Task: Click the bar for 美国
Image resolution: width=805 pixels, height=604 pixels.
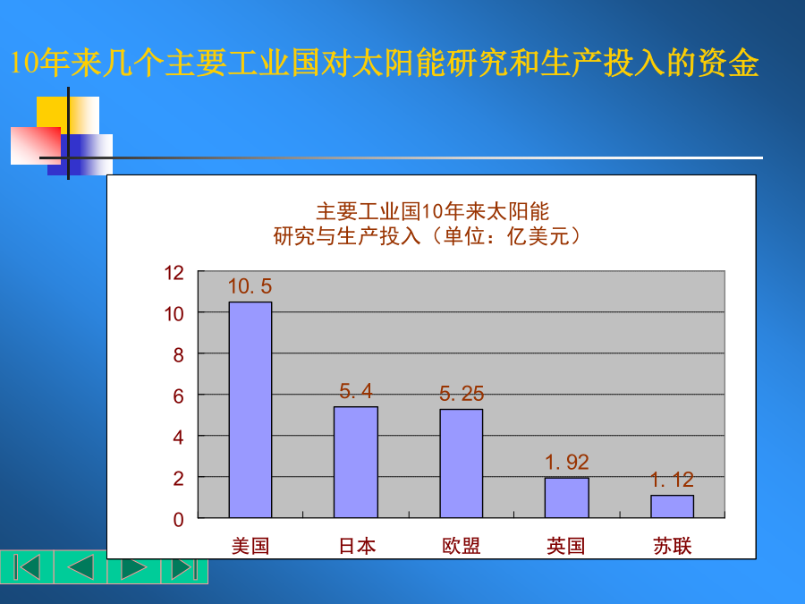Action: (250, 410)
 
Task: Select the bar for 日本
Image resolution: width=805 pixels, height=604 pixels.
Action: (356, 463)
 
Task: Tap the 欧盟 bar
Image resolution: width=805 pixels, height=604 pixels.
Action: (461, 464)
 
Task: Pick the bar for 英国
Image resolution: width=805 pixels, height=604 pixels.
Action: (567, 498)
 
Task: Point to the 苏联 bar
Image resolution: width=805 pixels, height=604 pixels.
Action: (672, 506)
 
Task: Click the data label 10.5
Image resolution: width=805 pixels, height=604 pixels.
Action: (250, 286)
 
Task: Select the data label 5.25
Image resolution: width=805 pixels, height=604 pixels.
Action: (462, 394)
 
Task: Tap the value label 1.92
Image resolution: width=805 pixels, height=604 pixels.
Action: (567, 463)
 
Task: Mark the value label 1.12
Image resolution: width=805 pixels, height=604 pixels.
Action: (672, 480)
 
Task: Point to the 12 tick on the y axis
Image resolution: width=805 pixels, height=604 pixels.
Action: (174, 273)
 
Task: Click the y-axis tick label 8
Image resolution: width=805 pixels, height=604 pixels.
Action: (178, 355)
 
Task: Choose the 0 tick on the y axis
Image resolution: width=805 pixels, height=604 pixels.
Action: (178, 520)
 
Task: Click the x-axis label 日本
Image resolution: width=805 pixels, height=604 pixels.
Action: (357, 546)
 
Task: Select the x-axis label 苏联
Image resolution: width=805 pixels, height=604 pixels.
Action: (673, 546)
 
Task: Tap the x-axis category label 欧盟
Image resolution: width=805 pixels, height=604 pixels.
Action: (462, 546)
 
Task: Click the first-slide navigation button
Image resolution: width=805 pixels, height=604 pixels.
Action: (27, 567)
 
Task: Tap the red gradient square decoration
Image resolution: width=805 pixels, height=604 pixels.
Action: (36, 146)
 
